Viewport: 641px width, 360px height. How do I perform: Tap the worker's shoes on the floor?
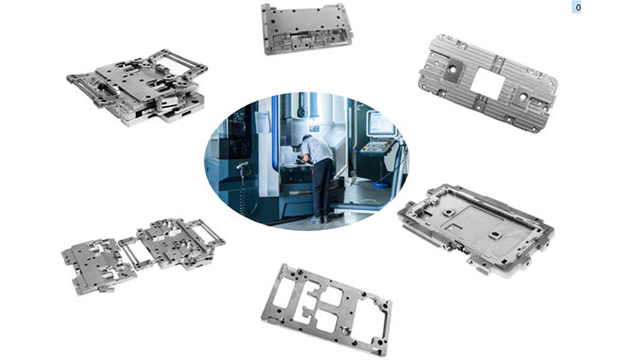pos(318,219)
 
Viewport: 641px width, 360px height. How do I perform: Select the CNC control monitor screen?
pos(381,124)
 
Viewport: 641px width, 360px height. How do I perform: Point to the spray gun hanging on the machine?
pos(243,167)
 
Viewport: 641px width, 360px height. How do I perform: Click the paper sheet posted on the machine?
pos(262,121)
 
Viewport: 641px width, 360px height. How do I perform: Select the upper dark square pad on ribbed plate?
pos(452,70)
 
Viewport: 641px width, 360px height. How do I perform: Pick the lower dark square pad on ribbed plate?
pos(522,97)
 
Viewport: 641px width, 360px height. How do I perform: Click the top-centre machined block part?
pos(307,29)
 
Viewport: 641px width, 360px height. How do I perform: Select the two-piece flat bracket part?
pos(142,256)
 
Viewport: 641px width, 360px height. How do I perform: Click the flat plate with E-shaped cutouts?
pos(326,310)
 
